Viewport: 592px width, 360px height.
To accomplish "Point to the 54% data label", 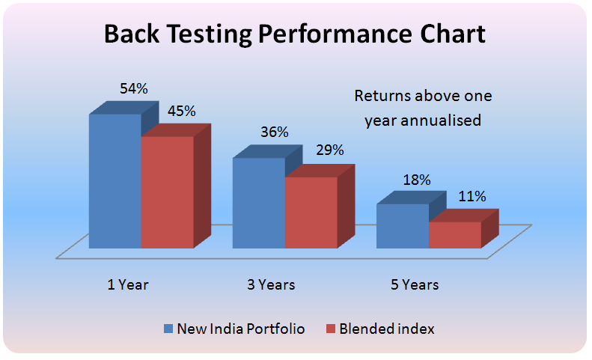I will point(134,88).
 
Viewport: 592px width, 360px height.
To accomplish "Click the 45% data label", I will point(181,111).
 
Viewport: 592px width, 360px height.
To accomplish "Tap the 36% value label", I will point(275,132).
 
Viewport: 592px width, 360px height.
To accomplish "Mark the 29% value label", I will point(329,150).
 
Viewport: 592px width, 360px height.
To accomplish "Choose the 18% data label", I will point(417,180).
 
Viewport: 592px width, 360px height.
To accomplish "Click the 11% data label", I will point(472,197).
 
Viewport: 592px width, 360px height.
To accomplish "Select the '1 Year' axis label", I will point(127,284).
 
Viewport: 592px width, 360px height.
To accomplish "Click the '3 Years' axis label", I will point(271,284).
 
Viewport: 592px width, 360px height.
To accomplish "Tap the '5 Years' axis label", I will point(415,284).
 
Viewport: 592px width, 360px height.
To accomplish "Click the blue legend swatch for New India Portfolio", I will point(168,329).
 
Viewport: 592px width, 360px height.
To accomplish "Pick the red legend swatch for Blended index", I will point(330,329).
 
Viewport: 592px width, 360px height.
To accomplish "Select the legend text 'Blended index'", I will point(386,329).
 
